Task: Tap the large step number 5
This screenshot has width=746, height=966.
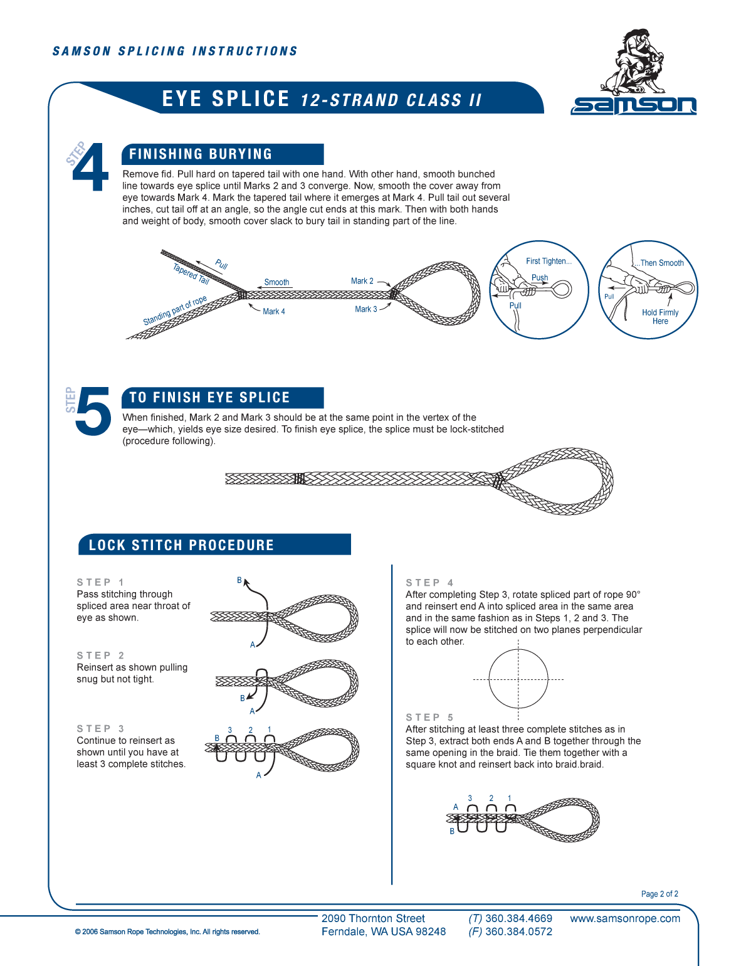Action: click(x=93, y=411)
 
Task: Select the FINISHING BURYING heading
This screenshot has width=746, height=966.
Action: click(x=201, y=154)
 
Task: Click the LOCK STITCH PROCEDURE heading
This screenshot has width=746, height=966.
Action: click(x=181, y=545)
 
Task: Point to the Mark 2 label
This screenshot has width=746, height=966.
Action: click(x=362, y=281)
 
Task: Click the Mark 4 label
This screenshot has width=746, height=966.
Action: click(x=274, y=311)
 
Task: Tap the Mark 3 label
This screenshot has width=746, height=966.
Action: click(x=366, y=309)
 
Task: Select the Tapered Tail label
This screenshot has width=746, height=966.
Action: click(x=191, y=274)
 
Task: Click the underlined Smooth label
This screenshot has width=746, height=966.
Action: click(x=276, y=282)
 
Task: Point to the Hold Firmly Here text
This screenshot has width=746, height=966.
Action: click(x=660, y=317)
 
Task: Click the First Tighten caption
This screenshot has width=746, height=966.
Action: click(x=549, y=261)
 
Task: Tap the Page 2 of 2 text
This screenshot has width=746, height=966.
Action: click(x=659, y=894)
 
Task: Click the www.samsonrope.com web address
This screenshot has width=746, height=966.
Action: click(x=625, y=918)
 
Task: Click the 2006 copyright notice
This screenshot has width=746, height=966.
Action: click(x=167, y=932)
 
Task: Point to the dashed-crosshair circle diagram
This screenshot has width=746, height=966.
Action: click(x=518, y=679)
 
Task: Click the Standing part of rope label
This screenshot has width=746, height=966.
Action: click(x=175, y=310)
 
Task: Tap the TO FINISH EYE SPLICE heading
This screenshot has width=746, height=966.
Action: click(x=209, y=398)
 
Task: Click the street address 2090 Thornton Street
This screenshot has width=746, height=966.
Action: click(x=373, y=918)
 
